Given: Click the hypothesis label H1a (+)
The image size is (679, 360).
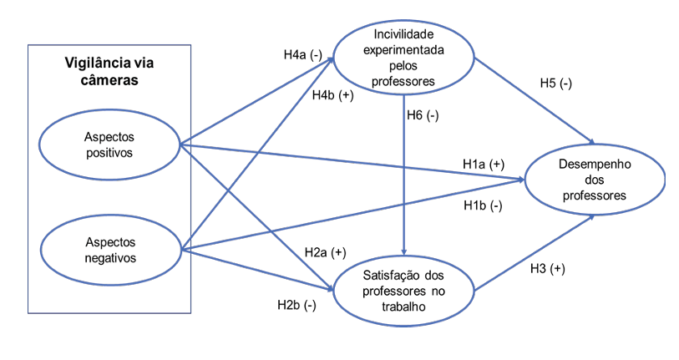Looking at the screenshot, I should coord(484,164).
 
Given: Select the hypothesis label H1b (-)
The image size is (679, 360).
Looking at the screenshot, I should coord(483,205).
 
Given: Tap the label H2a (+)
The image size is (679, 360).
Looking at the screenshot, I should coord(326,251).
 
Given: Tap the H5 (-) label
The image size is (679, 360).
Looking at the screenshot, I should coord(555,84).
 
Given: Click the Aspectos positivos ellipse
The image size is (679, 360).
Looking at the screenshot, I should coord(109,144).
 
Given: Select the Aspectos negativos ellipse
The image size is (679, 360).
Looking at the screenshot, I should coord(109,248).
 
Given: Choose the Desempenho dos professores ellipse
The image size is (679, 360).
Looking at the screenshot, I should coord(594,180).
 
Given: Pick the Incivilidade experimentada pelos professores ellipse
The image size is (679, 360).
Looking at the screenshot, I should coord(404,59).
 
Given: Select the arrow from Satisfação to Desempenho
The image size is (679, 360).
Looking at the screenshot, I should coord(535,252).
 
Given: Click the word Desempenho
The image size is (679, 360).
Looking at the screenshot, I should coord(593,165).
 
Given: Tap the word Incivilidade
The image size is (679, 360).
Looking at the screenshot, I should coord(404,36).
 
